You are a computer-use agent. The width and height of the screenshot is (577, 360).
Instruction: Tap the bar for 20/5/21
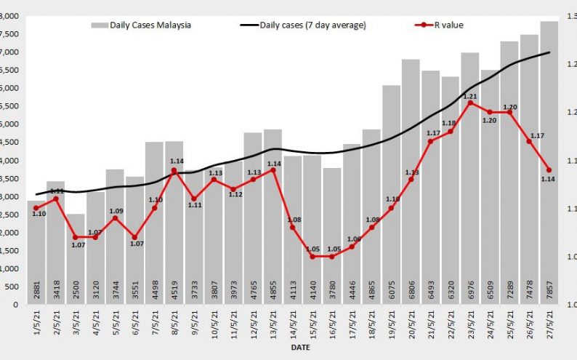[x=411, y=182]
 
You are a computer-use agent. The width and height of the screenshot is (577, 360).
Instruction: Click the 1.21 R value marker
[x=470, y=103]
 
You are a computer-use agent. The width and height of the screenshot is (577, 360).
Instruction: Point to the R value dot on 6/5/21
[x=134, y=238]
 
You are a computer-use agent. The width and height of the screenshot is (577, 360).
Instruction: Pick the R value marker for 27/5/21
[x=549, y=170]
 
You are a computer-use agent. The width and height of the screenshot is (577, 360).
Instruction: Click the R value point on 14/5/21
[x=292, y=228]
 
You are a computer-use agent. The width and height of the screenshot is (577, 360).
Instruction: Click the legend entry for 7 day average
[x=303, y=25]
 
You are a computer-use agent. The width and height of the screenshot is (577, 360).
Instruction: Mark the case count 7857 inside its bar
[x=549, y=290]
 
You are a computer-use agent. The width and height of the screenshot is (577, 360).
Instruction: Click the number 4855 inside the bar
[x=273, y=290]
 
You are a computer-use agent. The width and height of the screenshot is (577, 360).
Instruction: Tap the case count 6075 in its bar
[x=392, y=290]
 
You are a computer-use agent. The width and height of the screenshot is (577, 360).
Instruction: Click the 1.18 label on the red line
[x=449, y=124]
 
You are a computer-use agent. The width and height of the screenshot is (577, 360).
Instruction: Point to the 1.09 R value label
[x=116, y=212]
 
